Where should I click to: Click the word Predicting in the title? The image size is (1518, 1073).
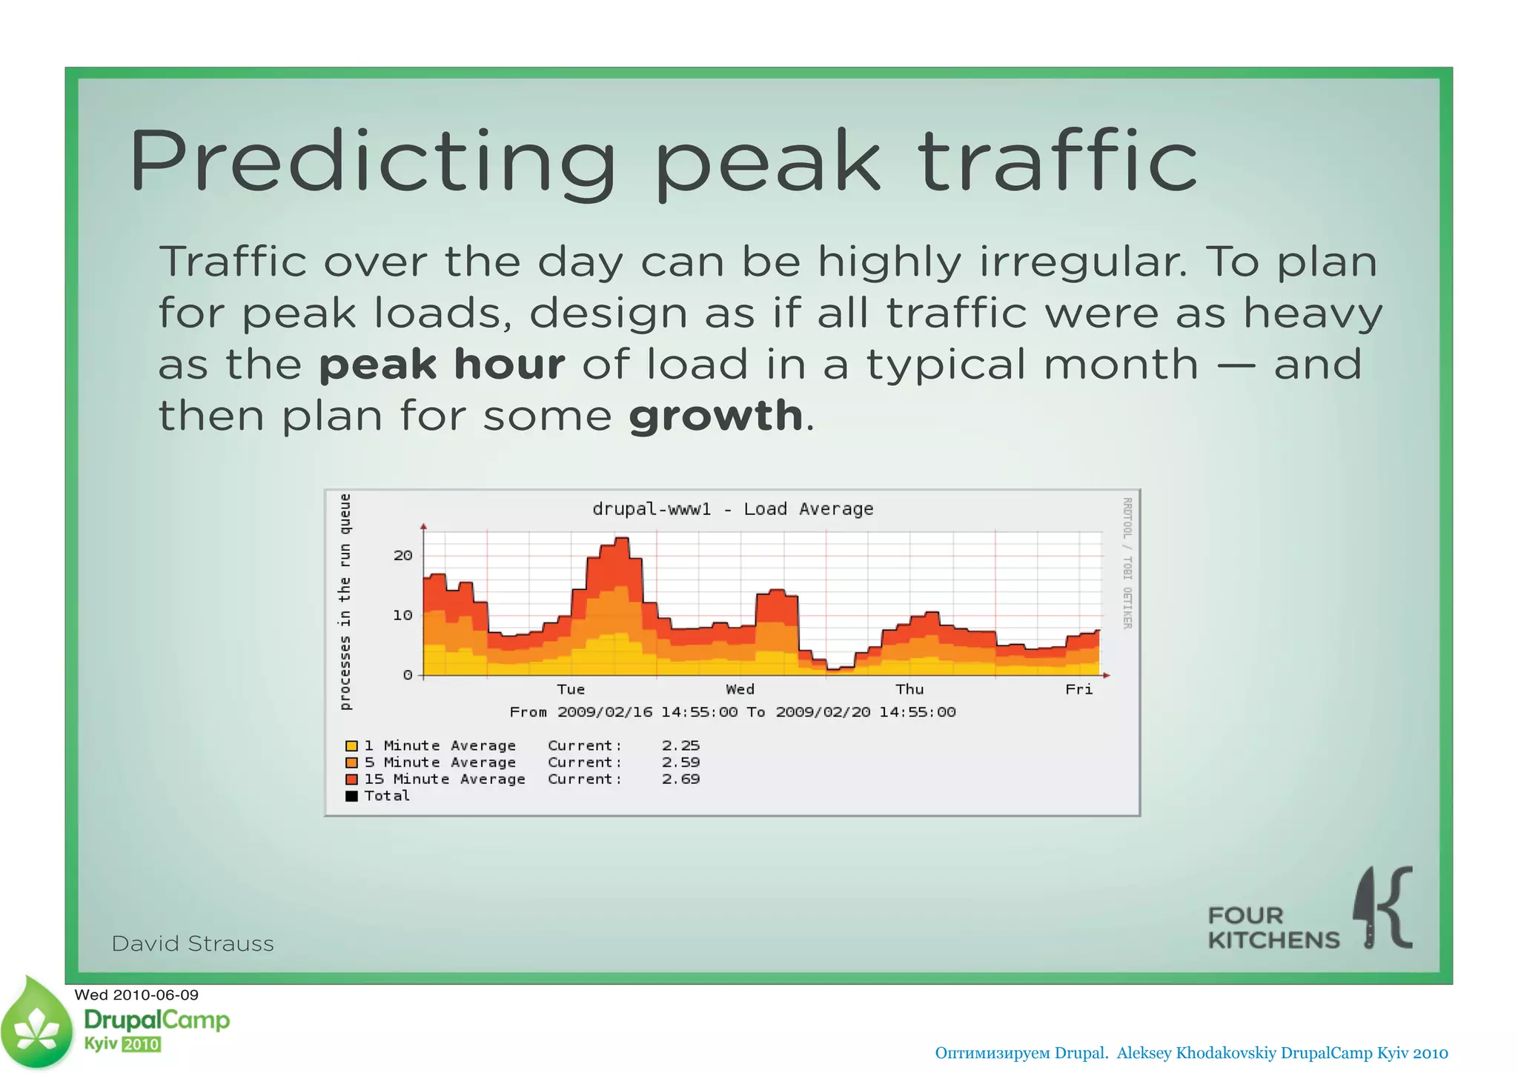[371, 162]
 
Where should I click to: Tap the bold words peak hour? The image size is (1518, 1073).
[442, 365]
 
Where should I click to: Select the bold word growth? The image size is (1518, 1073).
[715, 415]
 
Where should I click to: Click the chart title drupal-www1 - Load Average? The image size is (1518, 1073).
[732, 509]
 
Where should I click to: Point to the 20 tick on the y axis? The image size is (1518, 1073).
[402, 556]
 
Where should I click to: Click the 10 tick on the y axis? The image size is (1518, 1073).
[402, 615]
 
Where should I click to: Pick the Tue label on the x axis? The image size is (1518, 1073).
[571, 689]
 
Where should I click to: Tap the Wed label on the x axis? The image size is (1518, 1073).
[740, 689]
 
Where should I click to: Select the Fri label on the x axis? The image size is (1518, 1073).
[1078, 689]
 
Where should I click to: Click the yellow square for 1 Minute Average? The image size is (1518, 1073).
[351, 746]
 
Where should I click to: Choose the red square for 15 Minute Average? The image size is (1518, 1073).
[351, 780]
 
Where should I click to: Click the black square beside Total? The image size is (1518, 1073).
[351, 796]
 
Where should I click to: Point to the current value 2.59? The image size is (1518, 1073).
[680, 763]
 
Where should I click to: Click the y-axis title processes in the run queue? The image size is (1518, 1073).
[345, 601]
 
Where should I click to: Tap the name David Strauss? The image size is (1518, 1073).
[193, 943]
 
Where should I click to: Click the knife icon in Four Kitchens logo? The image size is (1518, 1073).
[1366, 908]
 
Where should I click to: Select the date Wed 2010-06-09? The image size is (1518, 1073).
[136, 994]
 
